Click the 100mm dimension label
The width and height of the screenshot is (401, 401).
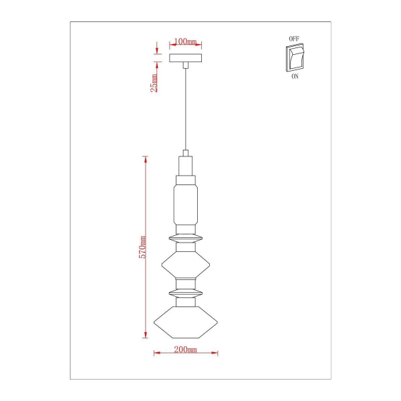click(x=186, y=42)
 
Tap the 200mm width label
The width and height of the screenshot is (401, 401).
click(x=186, y=349)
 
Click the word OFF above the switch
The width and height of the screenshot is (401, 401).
click(x=294, y=39)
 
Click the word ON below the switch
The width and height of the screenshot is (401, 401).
click(x=295, y=77)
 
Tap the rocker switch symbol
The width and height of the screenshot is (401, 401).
click(x=295, y=58)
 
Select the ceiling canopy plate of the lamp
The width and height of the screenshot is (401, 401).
click(x=186, y=59)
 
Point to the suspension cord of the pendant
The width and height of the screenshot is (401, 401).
click(x=186, y=107)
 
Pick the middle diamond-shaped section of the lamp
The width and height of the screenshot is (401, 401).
click(x=186, y=265)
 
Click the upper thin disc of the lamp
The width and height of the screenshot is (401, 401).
click(x=186, y=238)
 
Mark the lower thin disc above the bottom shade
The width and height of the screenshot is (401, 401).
click(x=186, y=293)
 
